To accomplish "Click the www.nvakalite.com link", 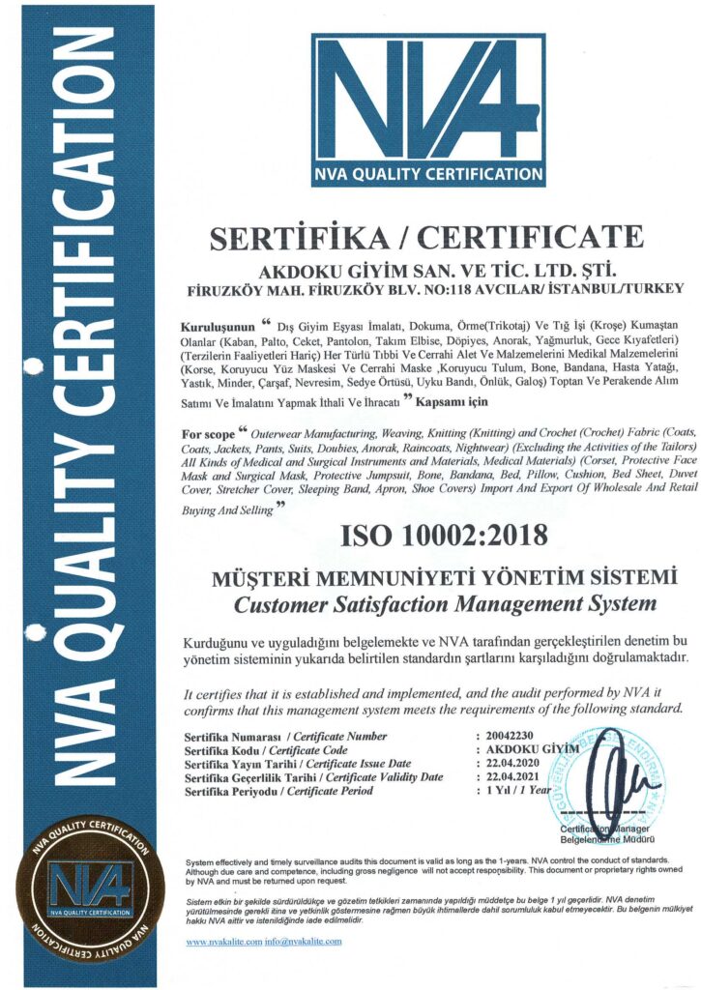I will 223,941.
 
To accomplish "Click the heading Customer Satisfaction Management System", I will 446,605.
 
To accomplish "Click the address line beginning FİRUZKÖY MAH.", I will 435,288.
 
